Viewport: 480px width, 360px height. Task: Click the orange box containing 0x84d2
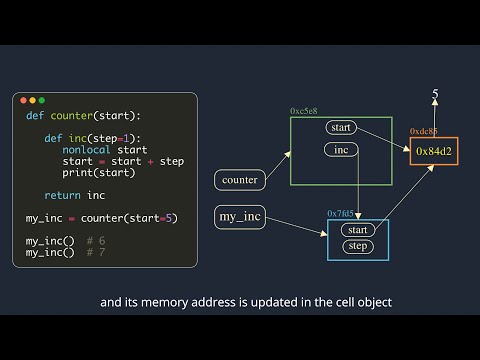pos(434,151)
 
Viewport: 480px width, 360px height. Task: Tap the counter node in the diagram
pos(239,181)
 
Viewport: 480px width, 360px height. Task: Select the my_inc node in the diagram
pos(240,216)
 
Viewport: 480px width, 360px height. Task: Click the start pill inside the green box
pos(341,128)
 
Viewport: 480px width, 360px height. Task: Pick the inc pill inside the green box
pos(341,150)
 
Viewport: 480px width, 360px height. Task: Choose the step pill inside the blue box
pos(357,246)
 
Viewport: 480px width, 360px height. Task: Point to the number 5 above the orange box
pos(435,95)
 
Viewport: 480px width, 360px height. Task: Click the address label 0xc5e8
pos(303,111)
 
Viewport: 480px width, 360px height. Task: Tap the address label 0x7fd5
pos(340,214)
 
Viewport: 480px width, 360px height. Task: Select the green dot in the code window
pos(41,100)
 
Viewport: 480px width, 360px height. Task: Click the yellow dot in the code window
pos(31,100)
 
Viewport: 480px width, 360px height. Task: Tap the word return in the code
pos(62,195)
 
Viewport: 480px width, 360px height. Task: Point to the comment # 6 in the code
pos(96,241)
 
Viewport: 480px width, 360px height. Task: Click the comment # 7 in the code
pos(96,252)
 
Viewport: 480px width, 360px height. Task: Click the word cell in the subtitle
pos(327,301)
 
